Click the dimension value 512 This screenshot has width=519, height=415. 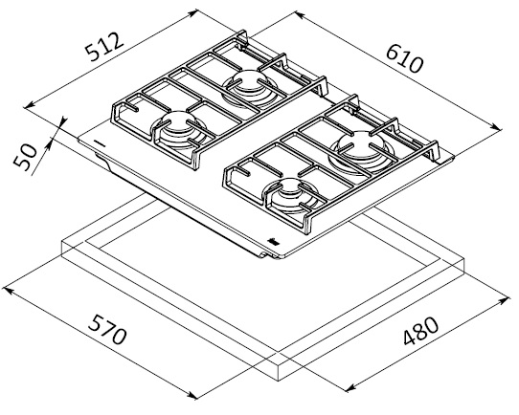(x=104, y=46)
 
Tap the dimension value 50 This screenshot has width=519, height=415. (x=25, y=157)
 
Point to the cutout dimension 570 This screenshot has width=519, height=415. (x=107, y=329)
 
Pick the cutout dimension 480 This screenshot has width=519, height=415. (x=420, y=331)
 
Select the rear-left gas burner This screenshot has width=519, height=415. (x=249, y=88)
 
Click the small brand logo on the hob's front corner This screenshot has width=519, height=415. (x=274, y=242)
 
